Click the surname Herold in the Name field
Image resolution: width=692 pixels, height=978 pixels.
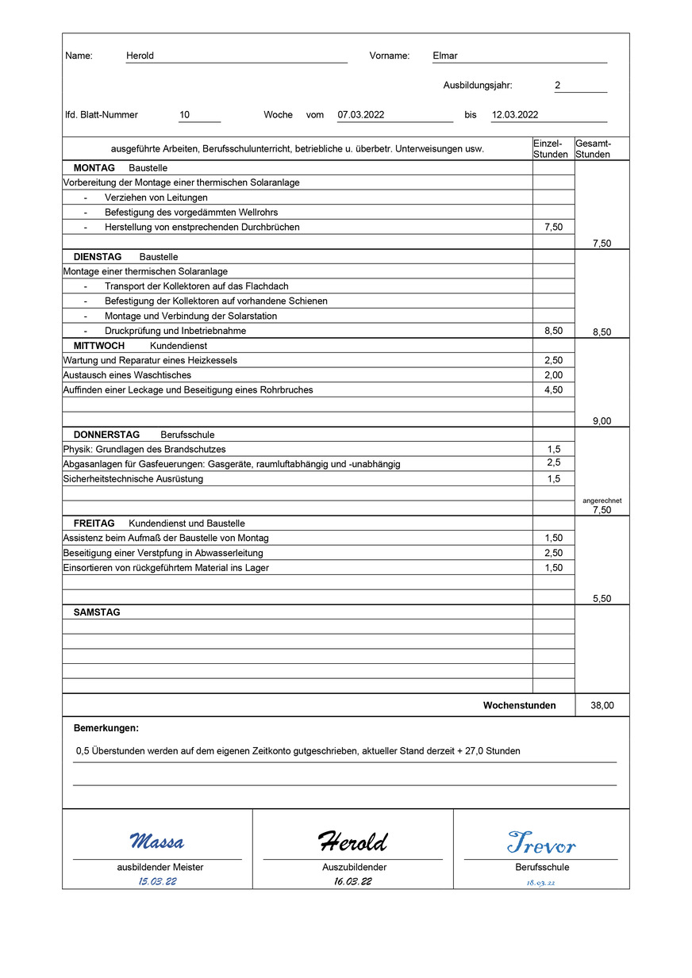tap(140, 56)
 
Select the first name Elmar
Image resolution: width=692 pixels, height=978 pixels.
tap(444, 56)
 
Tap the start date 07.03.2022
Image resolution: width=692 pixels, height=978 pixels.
tap(361, 115)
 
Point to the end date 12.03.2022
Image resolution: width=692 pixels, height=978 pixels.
tap(515, 115)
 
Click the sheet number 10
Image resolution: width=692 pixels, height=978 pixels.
tap(184, 115)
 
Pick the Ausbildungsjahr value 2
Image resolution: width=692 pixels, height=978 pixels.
tap(557, 86)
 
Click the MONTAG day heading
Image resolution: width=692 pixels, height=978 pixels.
tap(94, 168)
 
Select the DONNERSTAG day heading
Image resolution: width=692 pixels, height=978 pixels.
tap(106, 435)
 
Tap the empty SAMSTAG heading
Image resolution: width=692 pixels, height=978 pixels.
tap(97, 612)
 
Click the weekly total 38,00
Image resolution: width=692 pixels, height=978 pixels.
tap(602, 705)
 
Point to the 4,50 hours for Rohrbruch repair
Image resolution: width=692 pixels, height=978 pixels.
tap(553, 390)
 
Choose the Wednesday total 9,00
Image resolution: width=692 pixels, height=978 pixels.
tap(602, 421)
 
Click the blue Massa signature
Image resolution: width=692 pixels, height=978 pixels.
tap(157, 841)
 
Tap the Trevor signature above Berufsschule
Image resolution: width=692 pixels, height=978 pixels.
tap(541, 842)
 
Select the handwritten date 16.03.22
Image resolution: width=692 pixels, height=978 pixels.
tap(352, 881)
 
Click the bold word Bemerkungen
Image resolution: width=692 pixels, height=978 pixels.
tap(106, 728)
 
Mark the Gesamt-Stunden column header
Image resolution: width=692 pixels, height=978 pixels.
tap(593, 148)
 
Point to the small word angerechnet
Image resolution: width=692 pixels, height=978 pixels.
tap(602, 501)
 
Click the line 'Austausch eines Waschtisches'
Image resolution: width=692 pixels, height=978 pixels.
tap(127, 375)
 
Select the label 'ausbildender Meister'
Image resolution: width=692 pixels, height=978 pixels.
tap(160, 867)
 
